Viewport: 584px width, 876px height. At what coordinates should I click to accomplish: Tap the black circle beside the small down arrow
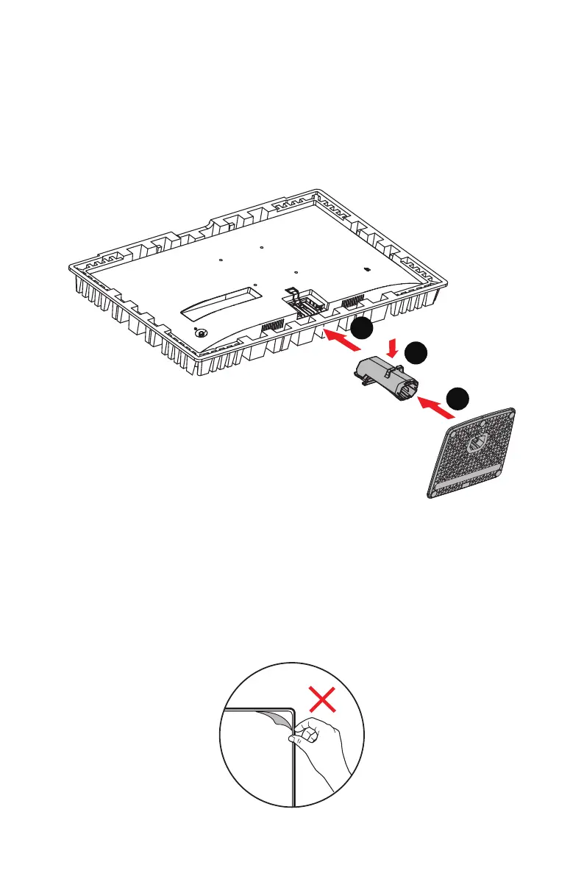coord(416,353)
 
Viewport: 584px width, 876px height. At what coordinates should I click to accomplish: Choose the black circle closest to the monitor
coord(360,330)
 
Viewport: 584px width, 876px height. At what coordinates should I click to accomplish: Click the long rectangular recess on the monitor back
coord(221,302)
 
